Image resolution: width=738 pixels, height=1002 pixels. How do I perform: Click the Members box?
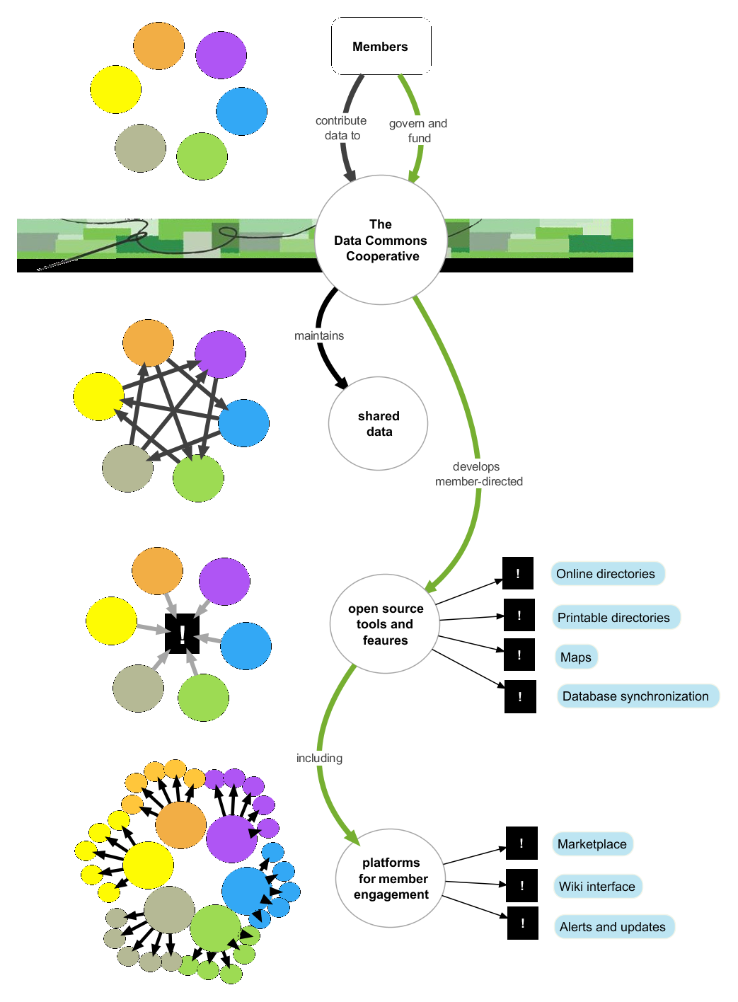click(381, 47)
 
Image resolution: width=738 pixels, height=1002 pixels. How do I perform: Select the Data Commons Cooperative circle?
click(381, 240)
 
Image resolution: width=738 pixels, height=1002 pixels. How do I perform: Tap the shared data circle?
click(379, 424)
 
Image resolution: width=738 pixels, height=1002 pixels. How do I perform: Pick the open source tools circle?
click(385, 624)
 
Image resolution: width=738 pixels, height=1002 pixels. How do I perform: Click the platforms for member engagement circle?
click(391, 878)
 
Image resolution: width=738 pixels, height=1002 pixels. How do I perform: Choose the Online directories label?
click(606, 574)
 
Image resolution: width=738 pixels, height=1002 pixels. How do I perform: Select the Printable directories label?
click(614, 618)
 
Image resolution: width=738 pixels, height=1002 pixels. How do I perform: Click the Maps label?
click(576, 657)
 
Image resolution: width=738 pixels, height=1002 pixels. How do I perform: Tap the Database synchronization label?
click(636, 696)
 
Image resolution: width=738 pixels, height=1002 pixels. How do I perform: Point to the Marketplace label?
click(592, 844)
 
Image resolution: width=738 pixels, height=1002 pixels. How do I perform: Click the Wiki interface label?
click(597, 887)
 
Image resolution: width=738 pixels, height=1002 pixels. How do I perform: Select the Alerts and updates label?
click(613, 927)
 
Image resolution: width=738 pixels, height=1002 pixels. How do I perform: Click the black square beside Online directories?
click(518, 573)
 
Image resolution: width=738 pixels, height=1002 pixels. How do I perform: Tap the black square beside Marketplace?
click(521, 843)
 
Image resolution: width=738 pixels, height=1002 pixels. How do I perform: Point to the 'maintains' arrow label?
click(319, 336)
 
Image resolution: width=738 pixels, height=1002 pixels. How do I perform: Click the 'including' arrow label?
click(319, 759)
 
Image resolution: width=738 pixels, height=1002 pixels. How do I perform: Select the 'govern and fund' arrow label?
click(418, 131)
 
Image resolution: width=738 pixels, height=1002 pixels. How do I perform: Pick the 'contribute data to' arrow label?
click(342, 128)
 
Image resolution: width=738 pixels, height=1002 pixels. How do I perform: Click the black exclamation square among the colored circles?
click(182, 633)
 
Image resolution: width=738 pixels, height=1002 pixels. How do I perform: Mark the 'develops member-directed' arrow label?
click(478, 474)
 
